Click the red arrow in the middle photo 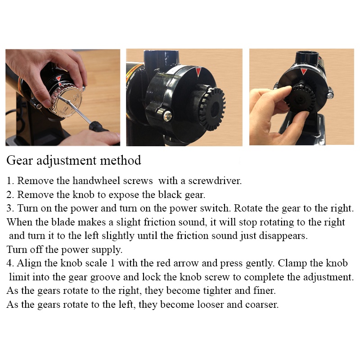(x=198, y=72)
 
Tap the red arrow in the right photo (x=303, y=72)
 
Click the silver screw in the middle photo (x=168, y=116)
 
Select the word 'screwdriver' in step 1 (x=215, y=181)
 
